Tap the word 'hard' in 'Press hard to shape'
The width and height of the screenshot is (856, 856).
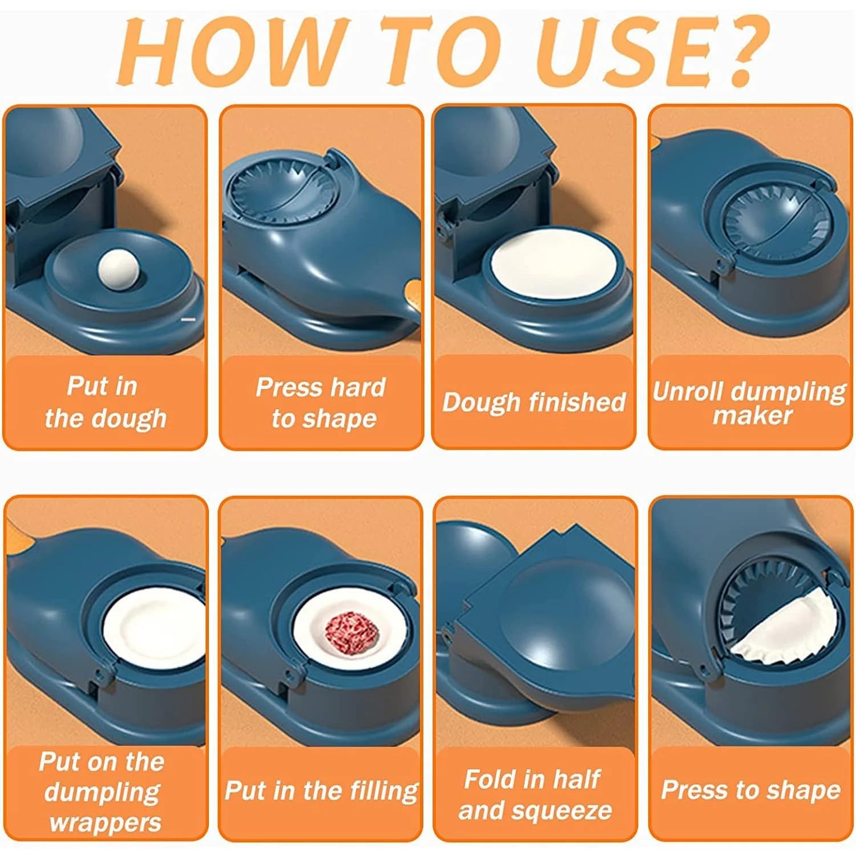358,387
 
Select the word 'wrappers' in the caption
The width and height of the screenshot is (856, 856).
105,822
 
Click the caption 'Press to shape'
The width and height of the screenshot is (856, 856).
750,790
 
